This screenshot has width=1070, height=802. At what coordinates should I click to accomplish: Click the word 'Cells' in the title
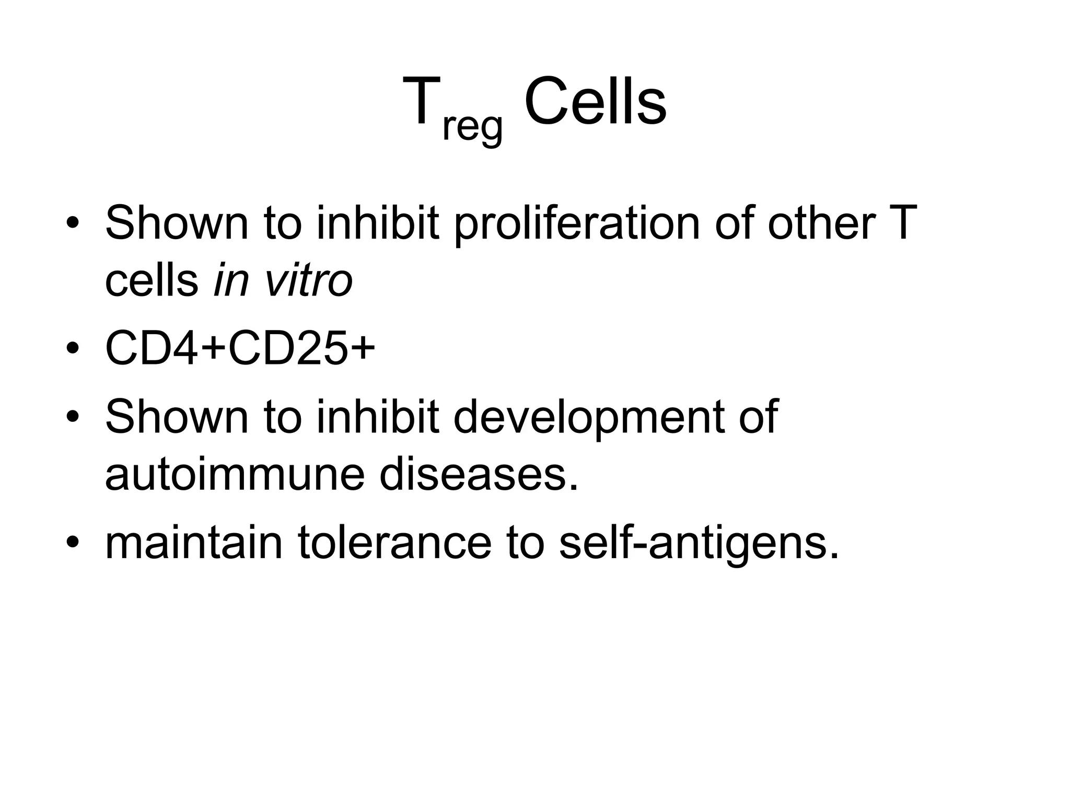pyautogui.click(x=595, y=101)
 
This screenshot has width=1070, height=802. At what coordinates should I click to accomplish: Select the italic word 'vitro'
pyautogui.click(x=309, y=280)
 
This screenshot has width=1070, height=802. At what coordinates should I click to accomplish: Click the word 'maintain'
pyautogui.click(x=194, y=542)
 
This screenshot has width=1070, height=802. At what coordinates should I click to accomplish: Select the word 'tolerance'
pyautogui.click(x=395, y=542)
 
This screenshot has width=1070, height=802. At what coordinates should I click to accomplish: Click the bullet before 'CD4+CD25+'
pyautogui.click(x=73, y=348)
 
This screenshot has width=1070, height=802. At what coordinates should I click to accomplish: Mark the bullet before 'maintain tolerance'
pyautogui.click(x=73, y=543)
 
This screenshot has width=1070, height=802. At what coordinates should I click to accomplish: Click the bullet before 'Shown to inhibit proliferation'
pyautogui.click(x=73, y=223)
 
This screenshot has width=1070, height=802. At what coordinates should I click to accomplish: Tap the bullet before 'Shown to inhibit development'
pyautogui.click(x=73, y=417)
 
